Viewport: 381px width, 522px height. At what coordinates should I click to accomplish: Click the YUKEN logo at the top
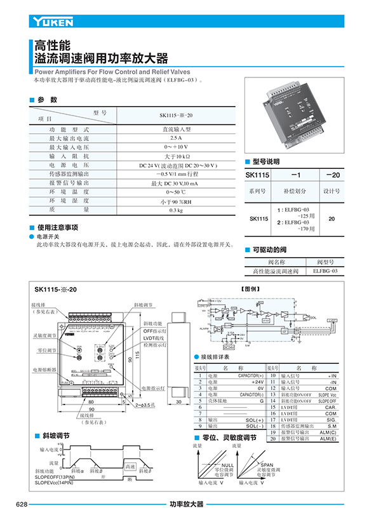(52, 23)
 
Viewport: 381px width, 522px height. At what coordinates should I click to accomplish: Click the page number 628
(22, 504)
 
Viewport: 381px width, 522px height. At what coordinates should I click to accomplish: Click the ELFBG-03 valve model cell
(325, 271)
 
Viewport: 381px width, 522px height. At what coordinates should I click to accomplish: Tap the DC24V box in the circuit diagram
(230, 347)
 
